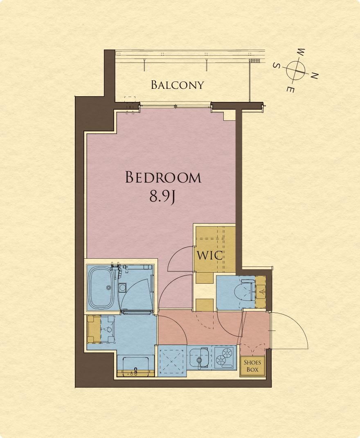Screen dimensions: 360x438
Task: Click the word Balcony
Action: point(178,85)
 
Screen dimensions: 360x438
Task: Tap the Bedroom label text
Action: point(163,177)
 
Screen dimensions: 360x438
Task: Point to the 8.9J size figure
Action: point(162,196)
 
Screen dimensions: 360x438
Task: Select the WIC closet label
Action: point(210,255)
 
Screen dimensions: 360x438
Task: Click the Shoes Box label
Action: point(252,366)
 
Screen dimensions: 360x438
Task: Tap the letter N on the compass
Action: point(315,75)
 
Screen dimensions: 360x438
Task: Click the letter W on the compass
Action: point(301,52)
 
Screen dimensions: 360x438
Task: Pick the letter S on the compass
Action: point(277,65)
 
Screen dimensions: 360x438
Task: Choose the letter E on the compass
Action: point(290,89)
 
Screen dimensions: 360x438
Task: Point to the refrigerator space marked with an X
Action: point(171,361)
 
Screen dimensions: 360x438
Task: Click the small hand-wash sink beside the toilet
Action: point(261,292)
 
